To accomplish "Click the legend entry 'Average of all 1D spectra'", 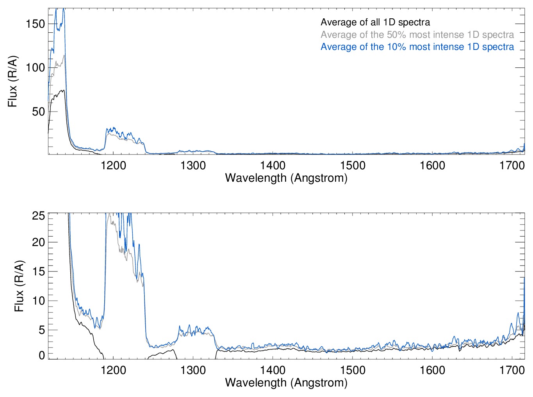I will (x=375, y=23).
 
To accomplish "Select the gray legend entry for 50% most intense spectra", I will (x=417, y=35).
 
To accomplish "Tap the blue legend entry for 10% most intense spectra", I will (x=417, y=47).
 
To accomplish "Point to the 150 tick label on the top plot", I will (x=36, y=24).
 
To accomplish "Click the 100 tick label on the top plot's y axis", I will (x=36, y=67).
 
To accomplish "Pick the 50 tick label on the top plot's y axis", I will (x=38, y=112).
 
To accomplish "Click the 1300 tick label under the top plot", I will (x=193, y=166).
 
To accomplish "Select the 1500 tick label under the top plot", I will (x=353, y=166).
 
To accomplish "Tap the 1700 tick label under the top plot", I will (x=512, y=166).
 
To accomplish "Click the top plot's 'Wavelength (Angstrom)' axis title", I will (x=286, y=178).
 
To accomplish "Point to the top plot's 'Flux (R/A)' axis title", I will (x=13, y=82).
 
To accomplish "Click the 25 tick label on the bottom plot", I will (x=39, y=216).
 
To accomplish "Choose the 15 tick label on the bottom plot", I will (x=39, y=271).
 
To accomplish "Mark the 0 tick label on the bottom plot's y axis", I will (x=42, y=355).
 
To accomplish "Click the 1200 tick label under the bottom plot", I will (x=113, y=370).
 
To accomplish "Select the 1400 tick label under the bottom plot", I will (x=273, y=370).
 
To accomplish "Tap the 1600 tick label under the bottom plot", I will (x=432, y=370).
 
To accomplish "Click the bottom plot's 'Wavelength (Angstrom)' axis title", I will (x=286, y=383).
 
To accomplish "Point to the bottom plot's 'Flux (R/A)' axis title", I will (x=19, y=286).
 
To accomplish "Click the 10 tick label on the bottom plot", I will (x=39, y=301).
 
